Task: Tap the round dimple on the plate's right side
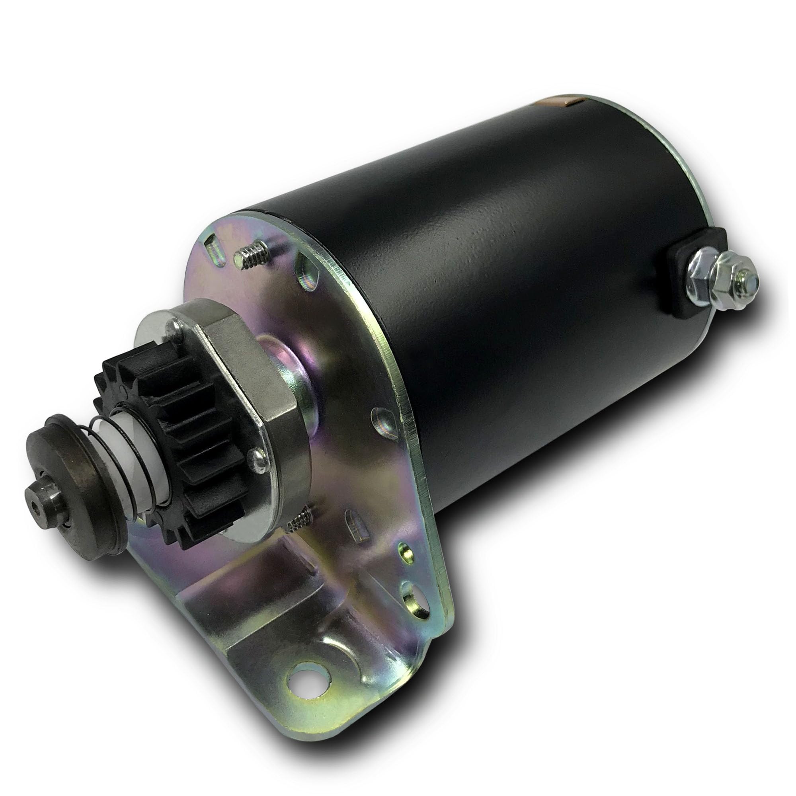[381, 424]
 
